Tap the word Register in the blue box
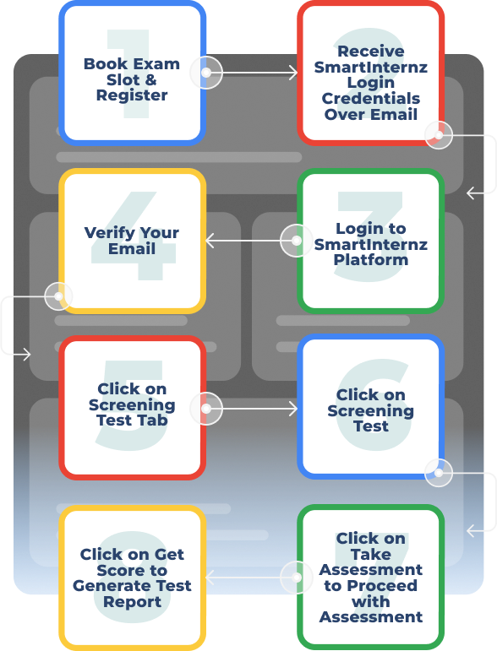pyautogui.click(x=132, y=95)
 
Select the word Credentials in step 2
pyautogui.click(x=371, y=99)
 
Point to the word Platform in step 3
pyautogui.click(x=371, y=260)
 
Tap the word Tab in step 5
pyautogui.click(x=152, y=420)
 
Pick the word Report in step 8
pyautogui.click(x=132, y=602)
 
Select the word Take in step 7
pyautogui.click(x=371, y=554)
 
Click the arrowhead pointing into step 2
pyautogui.click(x=294, y=73)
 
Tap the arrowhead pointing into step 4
pyautogui.click(x=210, y=241)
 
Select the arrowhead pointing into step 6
pyautogui.click(x=294, y=409)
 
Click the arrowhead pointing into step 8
pyautogui.click(x=210, y=578)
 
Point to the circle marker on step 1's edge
pyautogui.click(x=206, y=73)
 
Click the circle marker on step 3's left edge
pyautogui.click(x=297, y=241)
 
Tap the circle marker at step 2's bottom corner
pyautogui.click(x=439, y=135)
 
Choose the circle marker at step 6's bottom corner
pyautogui.click(x=439, y=473)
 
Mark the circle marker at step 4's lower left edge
pyautogui.click(x=58, y=296)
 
